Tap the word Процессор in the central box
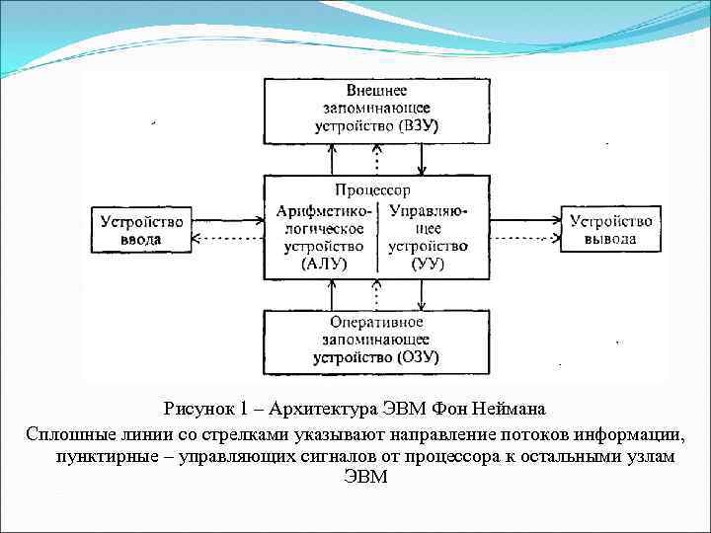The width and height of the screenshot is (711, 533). pyautogui.click(x=372, y=190)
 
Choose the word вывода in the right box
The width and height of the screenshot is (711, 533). pyautogui.click(x=609, y=239)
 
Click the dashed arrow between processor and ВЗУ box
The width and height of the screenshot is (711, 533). pyautogui.click(x=377, y=158)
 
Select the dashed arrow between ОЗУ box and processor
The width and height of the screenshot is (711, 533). pyautogui.click(x=377, y=293)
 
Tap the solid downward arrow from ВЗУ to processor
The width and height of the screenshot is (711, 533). pyautogui.click(x=422, y=158)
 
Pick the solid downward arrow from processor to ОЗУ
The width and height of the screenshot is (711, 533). pyautogui.click(x=422, y=293)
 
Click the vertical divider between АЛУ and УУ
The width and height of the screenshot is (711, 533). pyautogui.click(x=379, y=237)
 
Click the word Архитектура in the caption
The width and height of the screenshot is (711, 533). pyautogui.click(x=287, y=409)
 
